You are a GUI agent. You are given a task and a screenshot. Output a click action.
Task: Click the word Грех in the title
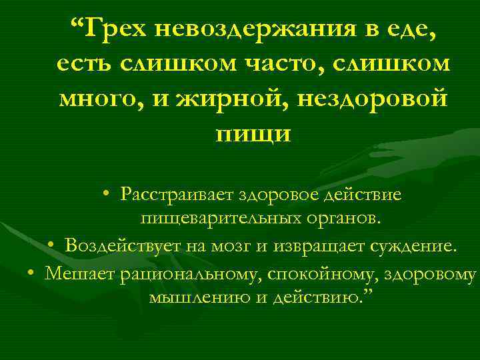tap(119, 29)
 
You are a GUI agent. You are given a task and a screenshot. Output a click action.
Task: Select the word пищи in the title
tap(253, 133)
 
